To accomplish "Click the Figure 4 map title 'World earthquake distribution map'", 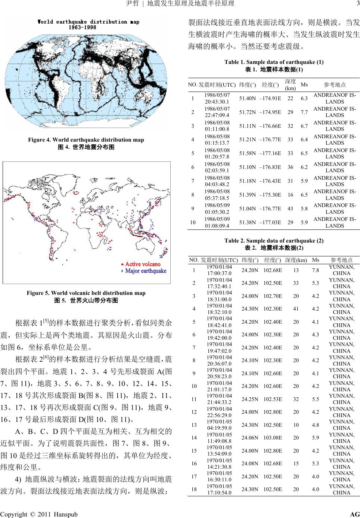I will (x=88, y=22).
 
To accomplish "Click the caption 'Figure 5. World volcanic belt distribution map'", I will (x=86, y=293).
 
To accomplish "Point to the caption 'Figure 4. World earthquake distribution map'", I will (x=86, y=140).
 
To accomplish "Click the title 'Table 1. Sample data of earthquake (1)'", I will (x=274, y=62).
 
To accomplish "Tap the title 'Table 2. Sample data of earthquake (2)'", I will (x=274, y=241).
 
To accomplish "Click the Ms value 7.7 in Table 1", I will (x=304, y=112).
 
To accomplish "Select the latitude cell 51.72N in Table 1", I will (x=247, y=112).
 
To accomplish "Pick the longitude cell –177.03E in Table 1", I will (x=270, y=222).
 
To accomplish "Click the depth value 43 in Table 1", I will (x=290, y=209).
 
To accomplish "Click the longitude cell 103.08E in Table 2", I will (x=273, y=438).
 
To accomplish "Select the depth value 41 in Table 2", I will (x=296, y=309).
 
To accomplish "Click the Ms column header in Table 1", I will (x=304, y=85).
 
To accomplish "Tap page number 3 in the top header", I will (x=357, y=4).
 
